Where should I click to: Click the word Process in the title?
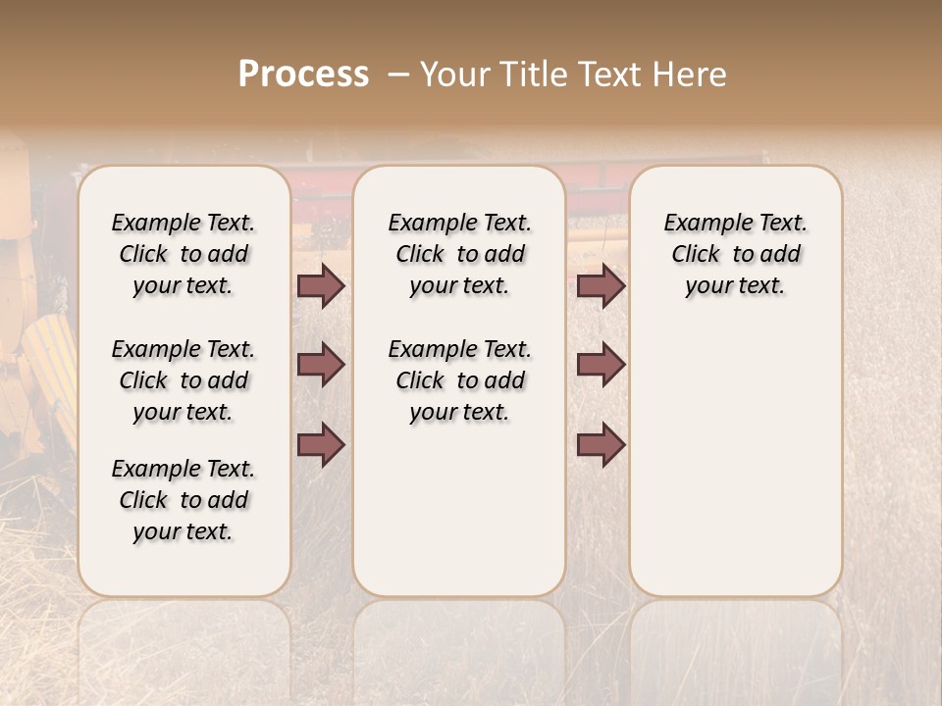pyautogui.click(x=303, y=75)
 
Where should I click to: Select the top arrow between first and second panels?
pyautogui.click(x=321, y=286)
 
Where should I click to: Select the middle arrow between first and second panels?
pyautogui.click(x=321, y=365)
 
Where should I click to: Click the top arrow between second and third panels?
pyautogui.click(x=601, y=286)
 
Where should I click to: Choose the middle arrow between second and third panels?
pyautogui.click(x=601, y=365)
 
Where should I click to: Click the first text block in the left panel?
pyautogui.click(x=183, y=254)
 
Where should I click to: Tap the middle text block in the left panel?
pyautogui.click(x=183, y=380)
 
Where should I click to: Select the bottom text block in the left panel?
pyautogui.click(x=183, y=500)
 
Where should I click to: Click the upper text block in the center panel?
pyautogui.click(x=459, y=254)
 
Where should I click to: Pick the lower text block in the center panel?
pyautogui.click(x=459, y=380)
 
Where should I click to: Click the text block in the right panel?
pyautogui.click(x=736, y=254)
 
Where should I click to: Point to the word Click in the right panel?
pyautogui.click(x=695, y=255)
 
